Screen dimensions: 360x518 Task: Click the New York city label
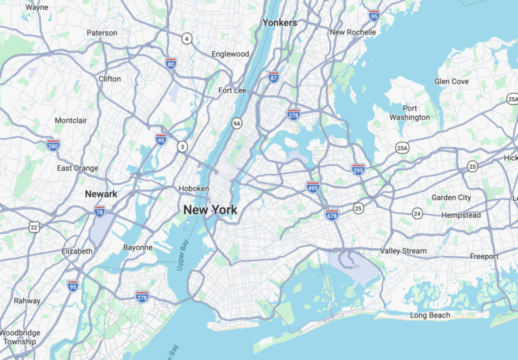coord(210,210)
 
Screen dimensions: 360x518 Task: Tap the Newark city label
coord(101,194)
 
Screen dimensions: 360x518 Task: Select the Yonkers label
coord(279,23)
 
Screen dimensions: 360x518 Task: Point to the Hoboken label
coord(194,189)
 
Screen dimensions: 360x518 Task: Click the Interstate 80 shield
coord(171,63)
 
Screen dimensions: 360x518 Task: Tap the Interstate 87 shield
coord(273,78)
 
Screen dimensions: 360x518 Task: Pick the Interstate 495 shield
coord(312,187)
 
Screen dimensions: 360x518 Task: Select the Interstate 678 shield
coord(332,214)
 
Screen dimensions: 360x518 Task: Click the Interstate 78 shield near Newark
coord(100,211)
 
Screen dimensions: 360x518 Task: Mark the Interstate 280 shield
coord(53,144)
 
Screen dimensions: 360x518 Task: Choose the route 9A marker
coord(236,123)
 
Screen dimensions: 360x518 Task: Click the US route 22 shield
coord(34,227)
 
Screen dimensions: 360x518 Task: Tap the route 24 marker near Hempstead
coord(418,214)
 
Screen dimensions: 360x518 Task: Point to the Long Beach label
coord(430,316)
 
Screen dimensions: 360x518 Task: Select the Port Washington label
coord(409,113)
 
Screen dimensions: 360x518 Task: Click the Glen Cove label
coord(451,82)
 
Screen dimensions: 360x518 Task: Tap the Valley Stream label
coord(403,251)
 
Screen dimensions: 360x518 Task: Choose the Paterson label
coord(102,33)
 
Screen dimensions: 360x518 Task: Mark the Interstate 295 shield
coord(358,169)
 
